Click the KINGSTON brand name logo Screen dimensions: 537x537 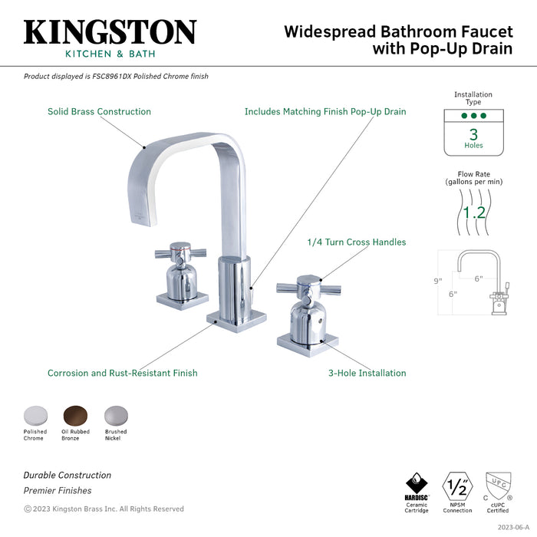[x=110, y=31]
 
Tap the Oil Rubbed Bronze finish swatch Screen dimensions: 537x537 [x=75, y=414]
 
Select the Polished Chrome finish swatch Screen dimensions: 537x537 [x=35, y=414]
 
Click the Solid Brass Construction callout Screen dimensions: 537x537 [x=99, y=111]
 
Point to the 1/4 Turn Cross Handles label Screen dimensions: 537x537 [x=355, y=242]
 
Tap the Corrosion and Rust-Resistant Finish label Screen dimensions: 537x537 [x=122, y=374]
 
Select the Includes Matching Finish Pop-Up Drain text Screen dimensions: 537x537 [x=325, y=111]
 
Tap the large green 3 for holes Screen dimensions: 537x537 [x=473, y=134]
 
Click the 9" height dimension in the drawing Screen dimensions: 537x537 [x=438, y=281]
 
